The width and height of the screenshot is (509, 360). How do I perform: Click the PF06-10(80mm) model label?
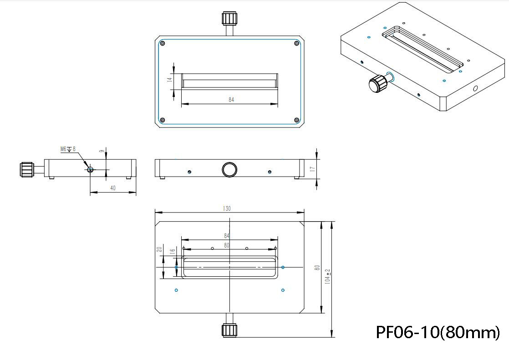[438, 332]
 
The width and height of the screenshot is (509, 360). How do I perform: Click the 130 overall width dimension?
[227, 208]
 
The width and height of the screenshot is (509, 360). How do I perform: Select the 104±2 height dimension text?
[327, 276]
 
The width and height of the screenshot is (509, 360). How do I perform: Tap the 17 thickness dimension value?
[312, 169]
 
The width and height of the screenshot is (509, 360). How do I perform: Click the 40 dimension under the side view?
[113, 188]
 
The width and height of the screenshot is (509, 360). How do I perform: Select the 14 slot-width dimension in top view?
[169, 79]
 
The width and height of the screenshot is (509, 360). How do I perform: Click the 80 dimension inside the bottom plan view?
[227, 245]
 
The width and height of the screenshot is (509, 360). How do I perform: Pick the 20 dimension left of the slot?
[159, 249]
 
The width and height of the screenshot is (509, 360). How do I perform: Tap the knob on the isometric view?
[377, 84]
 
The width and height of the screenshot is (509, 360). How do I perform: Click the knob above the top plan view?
[229, 19]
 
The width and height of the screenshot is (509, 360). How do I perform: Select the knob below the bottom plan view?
[229, 330]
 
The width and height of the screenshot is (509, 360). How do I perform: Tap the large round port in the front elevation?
[229, 169]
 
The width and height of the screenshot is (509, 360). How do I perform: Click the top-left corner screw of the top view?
[163, 44]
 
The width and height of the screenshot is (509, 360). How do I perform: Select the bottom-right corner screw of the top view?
[296, 120]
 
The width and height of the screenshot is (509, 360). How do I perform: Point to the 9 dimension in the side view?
[101, 150]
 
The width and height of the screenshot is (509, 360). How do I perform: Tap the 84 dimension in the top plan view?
[231, 99]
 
